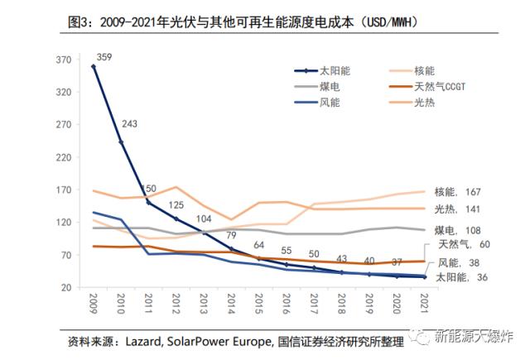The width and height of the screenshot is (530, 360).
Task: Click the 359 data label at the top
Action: pyautogui.click(x=104, y=57)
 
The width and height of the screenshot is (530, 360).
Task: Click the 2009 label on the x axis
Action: pyautogui.click(x=94, y=305)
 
